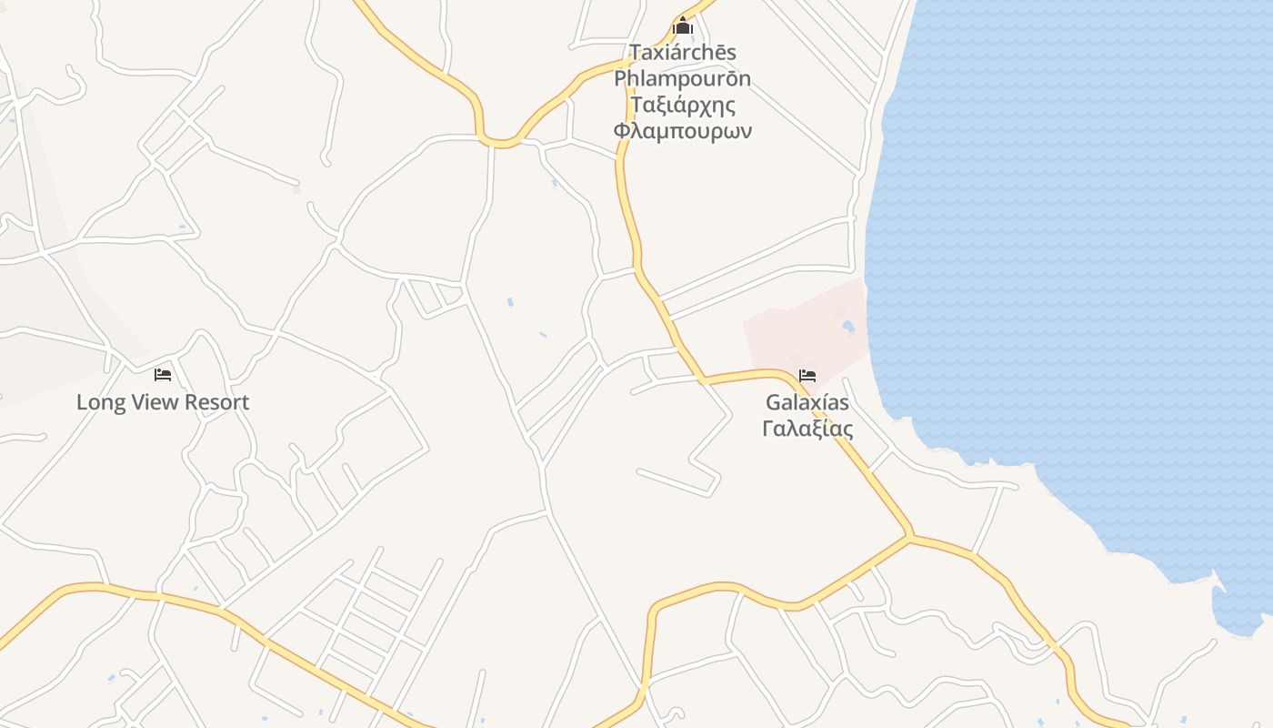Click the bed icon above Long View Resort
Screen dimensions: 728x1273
click(x=163, y=374)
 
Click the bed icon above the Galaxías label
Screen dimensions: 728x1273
click(x=807, y=375)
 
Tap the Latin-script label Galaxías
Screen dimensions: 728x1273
click(x=807, y=402)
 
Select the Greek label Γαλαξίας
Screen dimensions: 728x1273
click(x=807, y=428)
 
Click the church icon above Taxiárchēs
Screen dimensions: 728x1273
click(x=683, y=26)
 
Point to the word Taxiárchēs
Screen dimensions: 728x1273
click(x=683, y=52)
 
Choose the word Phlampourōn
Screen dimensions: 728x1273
click(x=683, y=78)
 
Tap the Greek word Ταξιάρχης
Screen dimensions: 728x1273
click(x=683, y=105)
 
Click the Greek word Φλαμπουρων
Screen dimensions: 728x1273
click(x=683, y=131)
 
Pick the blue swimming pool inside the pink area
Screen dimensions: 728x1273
click(x=848, y=326)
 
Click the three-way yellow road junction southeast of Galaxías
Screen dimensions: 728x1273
click(x=908, y=536)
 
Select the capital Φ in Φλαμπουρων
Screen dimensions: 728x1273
click(x=622, y=131)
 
